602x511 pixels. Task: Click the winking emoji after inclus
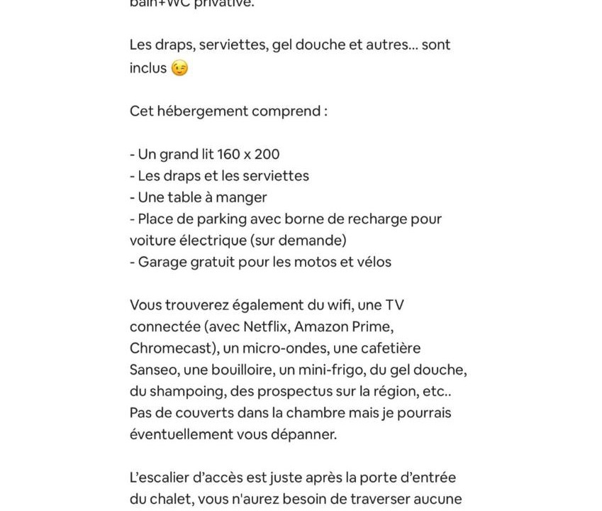point(179,68)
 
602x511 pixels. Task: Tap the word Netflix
point(266,326)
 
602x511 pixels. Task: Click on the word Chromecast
point(172,348)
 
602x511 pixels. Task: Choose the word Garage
point(161,262)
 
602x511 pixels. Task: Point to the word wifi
point(340,305)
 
